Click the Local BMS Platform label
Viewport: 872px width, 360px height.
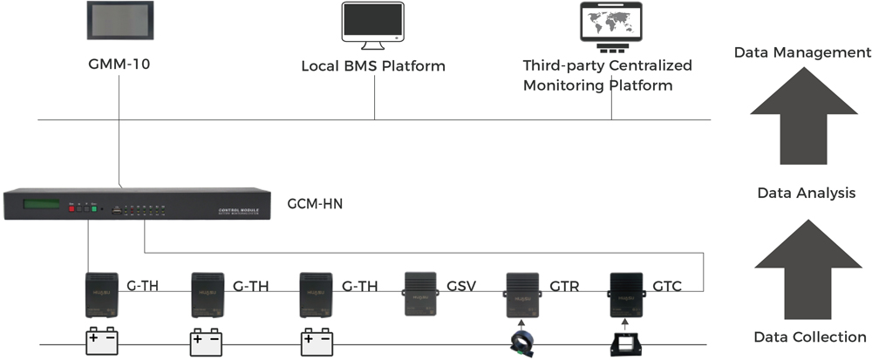coord(373,66)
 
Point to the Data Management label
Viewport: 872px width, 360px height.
coord(802,52)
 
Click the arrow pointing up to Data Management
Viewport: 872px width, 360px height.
coord(804,119)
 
